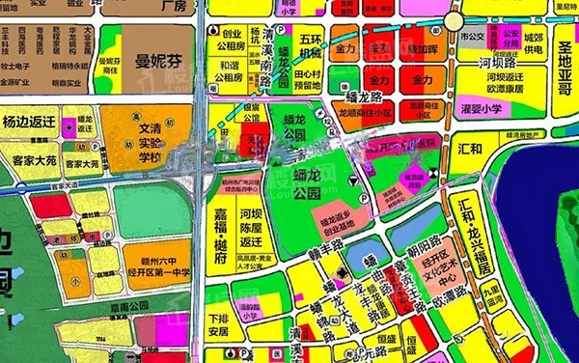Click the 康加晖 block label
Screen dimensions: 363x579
pyautogui.click(x=422, y=47)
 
